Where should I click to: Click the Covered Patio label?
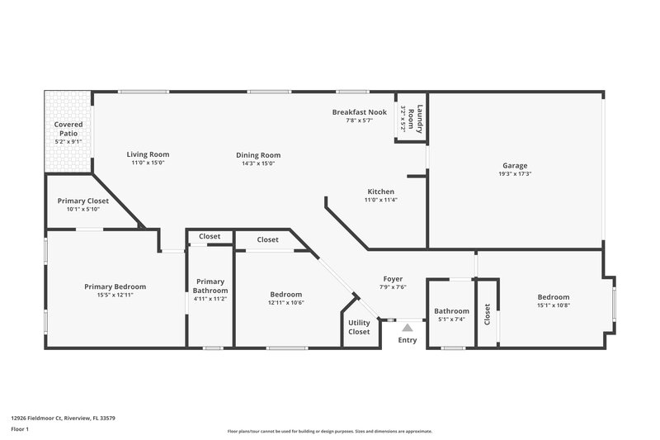tap(68, 128)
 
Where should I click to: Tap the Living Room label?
tap(148, 154)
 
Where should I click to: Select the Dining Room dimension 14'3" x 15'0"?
tap(259, 163)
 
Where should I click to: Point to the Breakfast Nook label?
tap(360, 111)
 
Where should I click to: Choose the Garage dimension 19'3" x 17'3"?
tap(515, 174)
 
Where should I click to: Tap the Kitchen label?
tap(381, 192)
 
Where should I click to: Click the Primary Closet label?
tap(83, 201)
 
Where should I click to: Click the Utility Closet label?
tap(359, 327)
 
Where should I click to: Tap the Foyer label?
tap(393, 278)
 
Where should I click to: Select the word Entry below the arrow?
tap(408, 340)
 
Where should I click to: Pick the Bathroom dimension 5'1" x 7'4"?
tap(451, 319)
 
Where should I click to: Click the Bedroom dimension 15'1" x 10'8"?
tap(554, 305)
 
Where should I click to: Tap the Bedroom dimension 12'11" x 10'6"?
tap(286, 303)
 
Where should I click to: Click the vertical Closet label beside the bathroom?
tap(488, 314)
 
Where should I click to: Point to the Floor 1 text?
tap(21, 430)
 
